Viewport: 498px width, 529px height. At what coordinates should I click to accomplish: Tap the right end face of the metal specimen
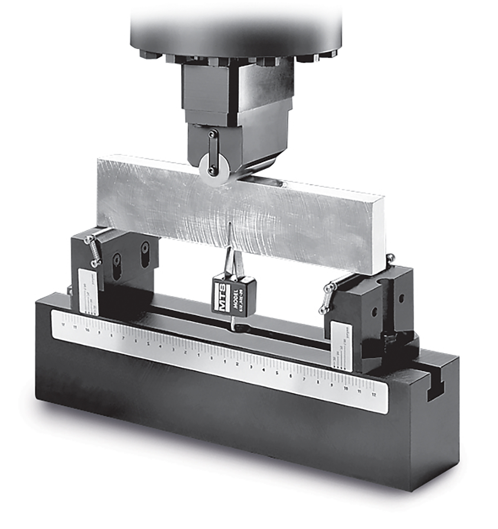click(x=378, y=235)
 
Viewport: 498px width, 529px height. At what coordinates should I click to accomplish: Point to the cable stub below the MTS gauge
click(x=231, y=323)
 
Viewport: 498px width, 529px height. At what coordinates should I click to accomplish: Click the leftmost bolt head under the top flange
click(x=144, y=54)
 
